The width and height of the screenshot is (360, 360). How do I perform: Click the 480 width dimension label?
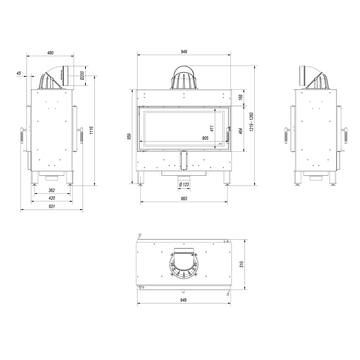(50, 53)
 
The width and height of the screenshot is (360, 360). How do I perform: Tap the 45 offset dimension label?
(19, 73)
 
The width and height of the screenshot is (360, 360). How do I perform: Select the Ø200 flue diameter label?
(83, 76)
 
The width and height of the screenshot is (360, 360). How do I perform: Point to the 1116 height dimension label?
(92, 130)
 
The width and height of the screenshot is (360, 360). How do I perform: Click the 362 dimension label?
(52, 190)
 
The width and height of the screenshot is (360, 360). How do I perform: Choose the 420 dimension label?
(52, 198)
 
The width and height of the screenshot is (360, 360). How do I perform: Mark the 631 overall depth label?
(52, 206)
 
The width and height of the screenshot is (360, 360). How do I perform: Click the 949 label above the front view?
(184, 52)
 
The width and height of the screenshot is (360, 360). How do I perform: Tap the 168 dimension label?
(241, 97)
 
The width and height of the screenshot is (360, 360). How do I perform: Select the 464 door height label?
(241, 131)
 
